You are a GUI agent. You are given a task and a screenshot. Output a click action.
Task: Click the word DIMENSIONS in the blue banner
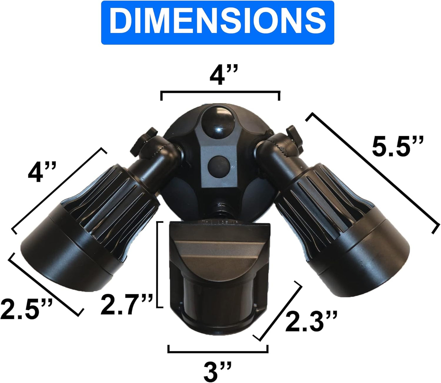(218, 22)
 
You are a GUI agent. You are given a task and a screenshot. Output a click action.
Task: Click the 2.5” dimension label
(26, 309)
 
